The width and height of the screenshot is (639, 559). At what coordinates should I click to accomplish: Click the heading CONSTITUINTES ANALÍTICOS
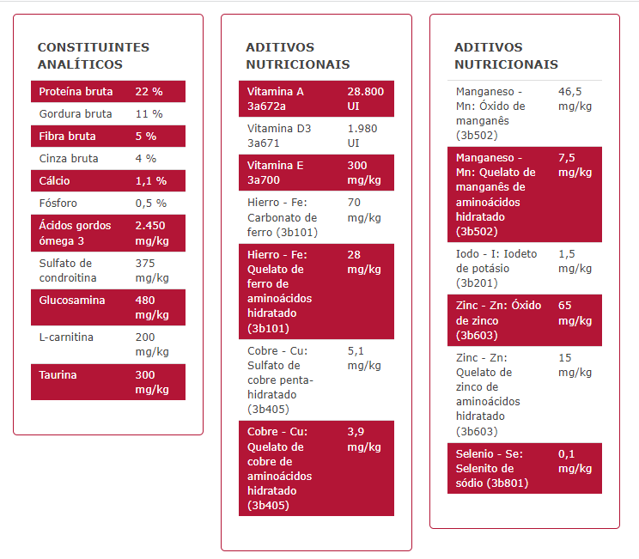click(94, 56)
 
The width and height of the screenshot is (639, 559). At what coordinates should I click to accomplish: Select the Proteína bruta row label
click(76, 92)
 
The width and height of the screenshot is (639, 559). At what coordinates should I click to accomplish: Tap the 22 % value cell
click(149, 92)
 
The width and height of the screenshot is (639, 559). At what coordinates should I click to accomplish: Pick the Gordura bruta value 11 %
click(149, 114)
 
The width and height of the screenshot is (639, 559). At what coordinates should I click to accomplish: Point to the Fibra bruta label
click(67, 137)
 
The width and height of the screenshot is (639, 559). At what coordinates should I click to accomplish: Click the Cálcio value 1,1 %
click(150, 181)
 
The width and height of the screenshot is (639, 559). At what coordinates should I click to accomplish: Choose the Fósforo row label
click(58, 204)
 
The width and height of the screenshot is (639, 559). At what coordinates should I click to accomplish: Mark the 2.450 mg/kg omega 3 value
click(152, 233)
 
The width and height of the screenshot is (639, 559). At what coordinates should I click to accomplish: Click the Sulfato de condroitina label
click(68, 270)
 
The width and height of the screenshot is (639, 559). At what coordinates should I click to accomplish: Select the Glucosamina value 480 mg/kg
click(152, 307)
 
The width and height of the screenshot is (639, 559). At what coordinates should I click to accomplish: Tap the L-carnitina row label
click(66, 337)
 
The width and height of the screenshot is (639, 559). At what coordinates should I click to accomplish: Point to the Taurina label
click(58, 375)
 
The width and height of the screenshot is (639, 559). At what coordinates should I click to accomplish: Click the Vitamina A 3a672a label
click(275, 99)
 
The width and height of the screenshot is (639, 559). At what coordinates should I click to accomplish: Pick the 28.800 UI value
click(365, 99)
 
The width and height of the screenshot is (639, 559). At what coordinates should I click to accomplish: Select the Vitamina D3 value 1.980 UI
click(363, 136)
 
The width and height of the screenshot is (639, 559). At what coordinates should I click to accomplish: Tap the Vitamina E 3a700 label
click(275, 173)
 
